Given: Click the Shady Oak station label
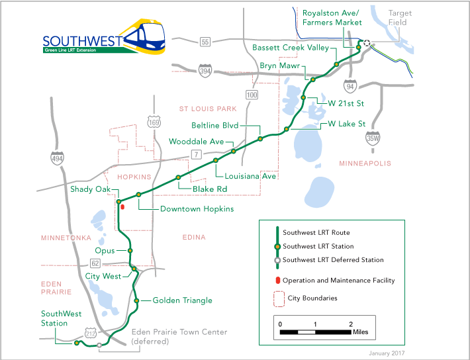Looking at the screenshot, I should [x=92, y=189].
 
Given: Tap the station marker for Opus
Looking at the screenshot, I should [x=130, y=251].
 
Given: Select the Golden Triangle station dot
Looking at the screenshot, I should [x=136, y=300].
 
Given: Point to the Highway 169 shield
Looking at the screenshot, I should [x=154, y=122].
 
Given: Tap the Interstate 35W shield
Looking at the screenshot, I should [x=373, y=138].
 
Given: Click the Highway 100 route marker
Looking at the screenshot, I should [x=251, y=95].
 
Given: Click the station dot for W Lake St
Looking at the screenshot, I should [x=286, y=129].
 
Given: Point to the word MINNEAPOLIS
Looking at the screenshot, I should [x=365, y=163].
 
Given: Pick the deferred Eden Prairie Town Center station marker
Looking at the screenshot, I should [x=99, y=345].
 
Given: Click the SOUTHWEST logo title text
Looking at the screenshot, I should [x=82, y=40].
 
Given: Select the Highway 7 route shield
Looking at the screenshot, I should [x=196, y=154].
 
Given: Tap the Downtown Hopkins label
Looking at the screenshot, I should [x=197, y=209].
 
